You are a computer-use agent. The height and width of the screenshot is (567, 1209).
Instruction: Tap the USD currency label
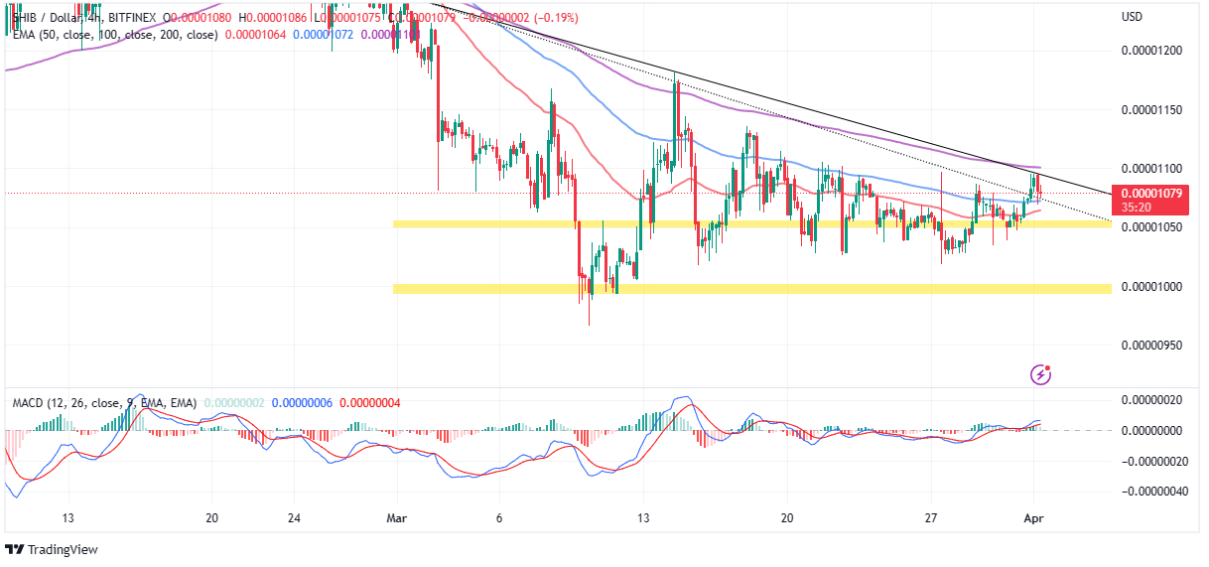[x=1132, y=17]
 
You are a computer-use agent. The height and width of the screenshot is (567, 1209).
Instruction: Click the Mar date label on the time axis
[x=397, y=518]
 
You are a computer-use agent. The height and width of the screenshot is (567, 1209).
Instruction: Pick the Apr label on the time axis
[x=1034, y=518]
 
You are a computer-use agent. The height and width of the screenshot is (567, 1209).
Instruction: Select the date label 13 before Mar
[x=68, y=518]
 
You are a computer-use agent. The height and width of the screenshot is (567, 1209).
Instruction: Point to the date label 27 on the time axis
[x=930, y=518]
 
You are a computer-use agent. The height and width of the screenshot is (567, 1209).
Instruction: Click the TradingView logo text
[x=63, y=550]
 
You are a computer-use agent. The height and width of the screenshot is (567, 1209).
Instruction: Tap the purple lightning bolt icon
[x=1041, y=374]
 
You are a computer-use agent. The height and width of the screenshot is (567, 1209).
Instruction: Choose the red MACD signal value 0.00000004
[x=370, y=403]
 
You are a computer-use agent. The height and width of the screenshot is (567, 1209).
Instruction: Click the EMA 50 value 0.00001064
[x=255, y=35]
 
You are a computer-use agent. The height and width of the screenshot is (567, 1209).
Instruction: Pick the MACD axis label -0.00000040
[x=1154, y=492]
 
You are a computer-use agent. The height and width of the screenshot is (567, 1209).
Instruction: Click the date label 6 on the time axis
[x=499, y=518]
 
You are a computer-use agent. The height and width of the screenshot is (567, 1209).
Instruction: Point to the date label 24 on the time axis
[x=294, y=518]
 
